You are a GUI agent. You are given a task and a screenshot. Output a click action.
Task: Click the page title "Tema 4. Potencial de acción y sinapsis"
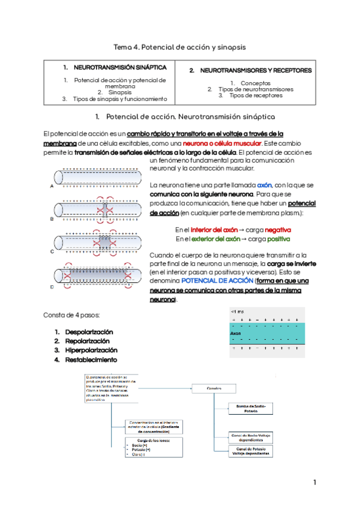click(x=180, y=46)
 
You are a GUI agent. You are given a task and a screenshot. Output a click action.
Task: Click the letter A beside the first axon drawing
click(x=52, y=187)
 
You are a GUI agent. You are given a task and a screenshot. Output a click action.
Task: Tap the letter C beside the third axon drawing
click(x=52, y=251)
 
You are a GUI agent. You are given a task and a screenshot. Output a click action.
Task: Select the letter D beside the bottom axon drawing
click(x=52, y=287)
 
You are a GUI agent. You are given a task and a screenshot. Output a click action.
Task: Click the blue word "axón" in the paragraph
click(x=265, y=185)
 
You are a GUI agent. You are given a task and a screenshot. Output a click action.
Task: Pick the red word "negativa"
click(x=278, y=230)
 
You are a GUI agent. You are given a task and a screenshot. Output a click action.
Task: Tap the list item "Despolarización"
click(x=88, y=332)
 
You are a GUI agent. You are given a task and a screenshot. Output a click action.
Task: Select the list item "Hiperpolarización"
click(x=91, y=350)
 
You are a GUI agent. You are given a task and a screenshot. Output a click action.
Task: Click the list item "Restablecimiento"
click(x=91, y=360)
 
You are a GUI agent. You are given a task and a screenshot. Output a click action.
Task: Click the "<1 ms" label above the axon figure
click(x=237, y=312)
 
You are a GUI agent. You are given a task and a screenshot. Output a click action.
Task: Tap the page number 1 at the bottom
click(x=314, y=483)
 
